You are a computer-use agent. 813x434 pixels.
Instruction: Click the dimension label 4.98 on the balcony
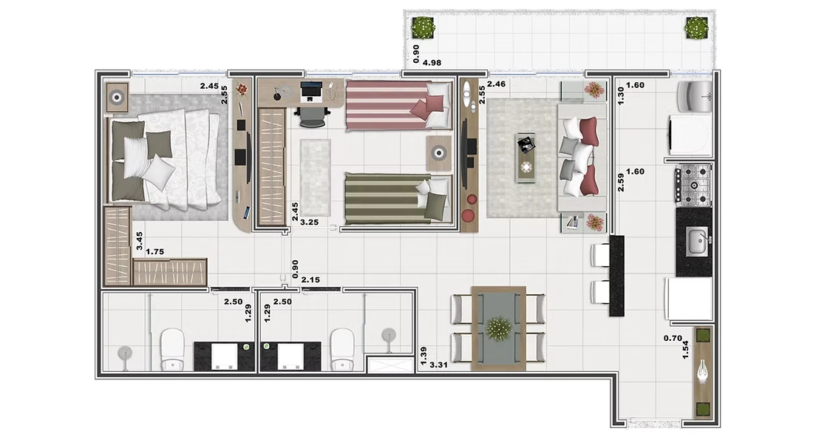click(x=432, y=63)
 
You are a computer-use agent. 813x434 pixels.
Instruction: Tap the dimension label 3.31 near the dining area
click(x=438, y=365)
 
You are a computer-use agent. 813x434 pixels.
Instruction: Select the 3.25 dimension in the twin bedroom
click(x=310, y=223)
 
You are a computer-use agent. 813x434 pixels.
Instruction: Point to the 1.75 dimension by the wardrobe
click(x=154, y=251)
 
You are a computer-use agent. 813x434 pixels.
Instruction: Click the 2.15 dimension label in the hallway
click(x=310, y=280)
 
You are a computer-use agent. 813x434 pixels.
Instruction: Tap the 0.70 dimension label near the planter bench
click(x=673, y=339)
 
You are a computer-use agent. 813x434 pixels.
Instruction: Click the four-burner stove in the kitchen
click(x=693, y=184)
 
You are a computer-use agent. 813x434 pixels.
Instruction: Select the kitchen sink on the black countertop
click(x=698, y=243)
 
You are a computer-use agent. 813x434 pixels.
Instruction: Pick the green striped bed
click(x=397, y=199)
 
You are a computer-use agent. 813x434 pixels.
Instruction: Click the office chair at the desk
click(x=311, y=116)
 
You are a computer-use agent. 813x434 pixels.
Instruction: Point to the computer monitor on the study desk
click(x=310, y=91)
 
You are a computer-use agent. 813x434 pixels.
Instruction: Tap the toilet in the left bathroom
click(x=172, y=350)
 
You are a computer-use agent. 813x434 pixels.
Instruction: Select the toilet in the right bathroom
click(x=342, y=349)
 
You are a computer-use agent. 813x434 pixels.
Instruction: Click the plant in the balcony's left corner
click(x=423, y=27)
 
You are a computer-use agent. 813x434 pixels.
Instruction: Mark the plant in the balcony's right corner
click(x=696, y=28)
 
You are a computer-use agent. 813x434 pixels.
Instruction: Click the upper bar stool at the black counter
click(x=601, y=254)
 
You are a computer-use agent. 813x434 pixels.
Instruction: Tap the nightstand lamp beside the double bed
click(x=118, y=97)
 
